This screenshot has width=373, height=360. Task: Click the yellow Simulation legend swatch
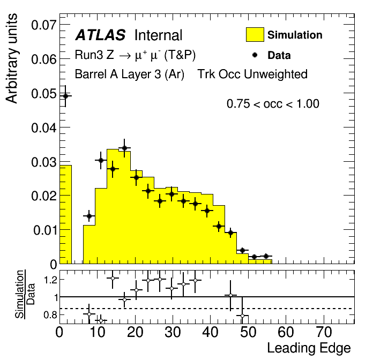click(255, 35)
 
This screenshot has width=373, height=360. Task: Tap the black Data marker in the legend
click(255, 55)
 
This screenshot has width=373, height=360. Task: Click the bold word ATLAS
click(100, 35)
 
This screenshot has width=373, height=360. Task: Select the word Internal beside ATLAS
click(159, 35)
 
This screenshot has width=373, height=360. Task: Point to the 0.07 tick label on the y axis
click(44, 25)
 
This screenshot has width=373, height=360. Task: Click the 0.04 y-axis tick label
click(44, 127)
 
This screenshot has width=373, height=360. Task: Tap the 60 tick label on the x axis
click(286, 332)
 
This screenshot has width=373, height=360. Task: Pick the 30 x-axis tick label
click(173, 332)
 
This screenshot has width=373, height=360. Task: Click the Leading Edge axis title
click(309, 349)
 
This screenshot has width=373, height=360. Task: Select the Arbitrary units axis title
click(12, 58)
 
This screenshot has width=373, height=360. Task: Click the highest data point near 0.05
click(66, 96)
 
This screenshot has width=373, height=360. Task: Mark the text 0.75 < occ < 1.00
click(273, 104)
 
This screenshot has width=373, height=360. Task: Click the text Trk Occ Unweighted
click(252, 74)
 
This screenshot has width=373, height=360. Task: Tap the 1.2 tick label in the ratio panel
click(50, 280)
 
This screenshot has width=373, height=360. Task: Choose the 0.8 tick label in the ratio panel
click(50, 315)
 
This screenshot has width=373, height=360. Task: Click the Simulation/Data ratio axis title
click(25, 294)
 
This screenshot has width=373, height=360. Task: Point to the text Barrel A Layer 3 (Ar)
click(130, 74)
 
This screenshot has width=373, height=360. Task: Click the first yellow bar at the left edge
click(66, 214)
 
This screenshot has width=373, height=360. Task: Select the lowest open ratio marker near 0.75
click(101, 320)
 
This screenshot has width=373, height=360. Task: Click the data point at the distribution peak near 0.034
click(124, 148)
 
